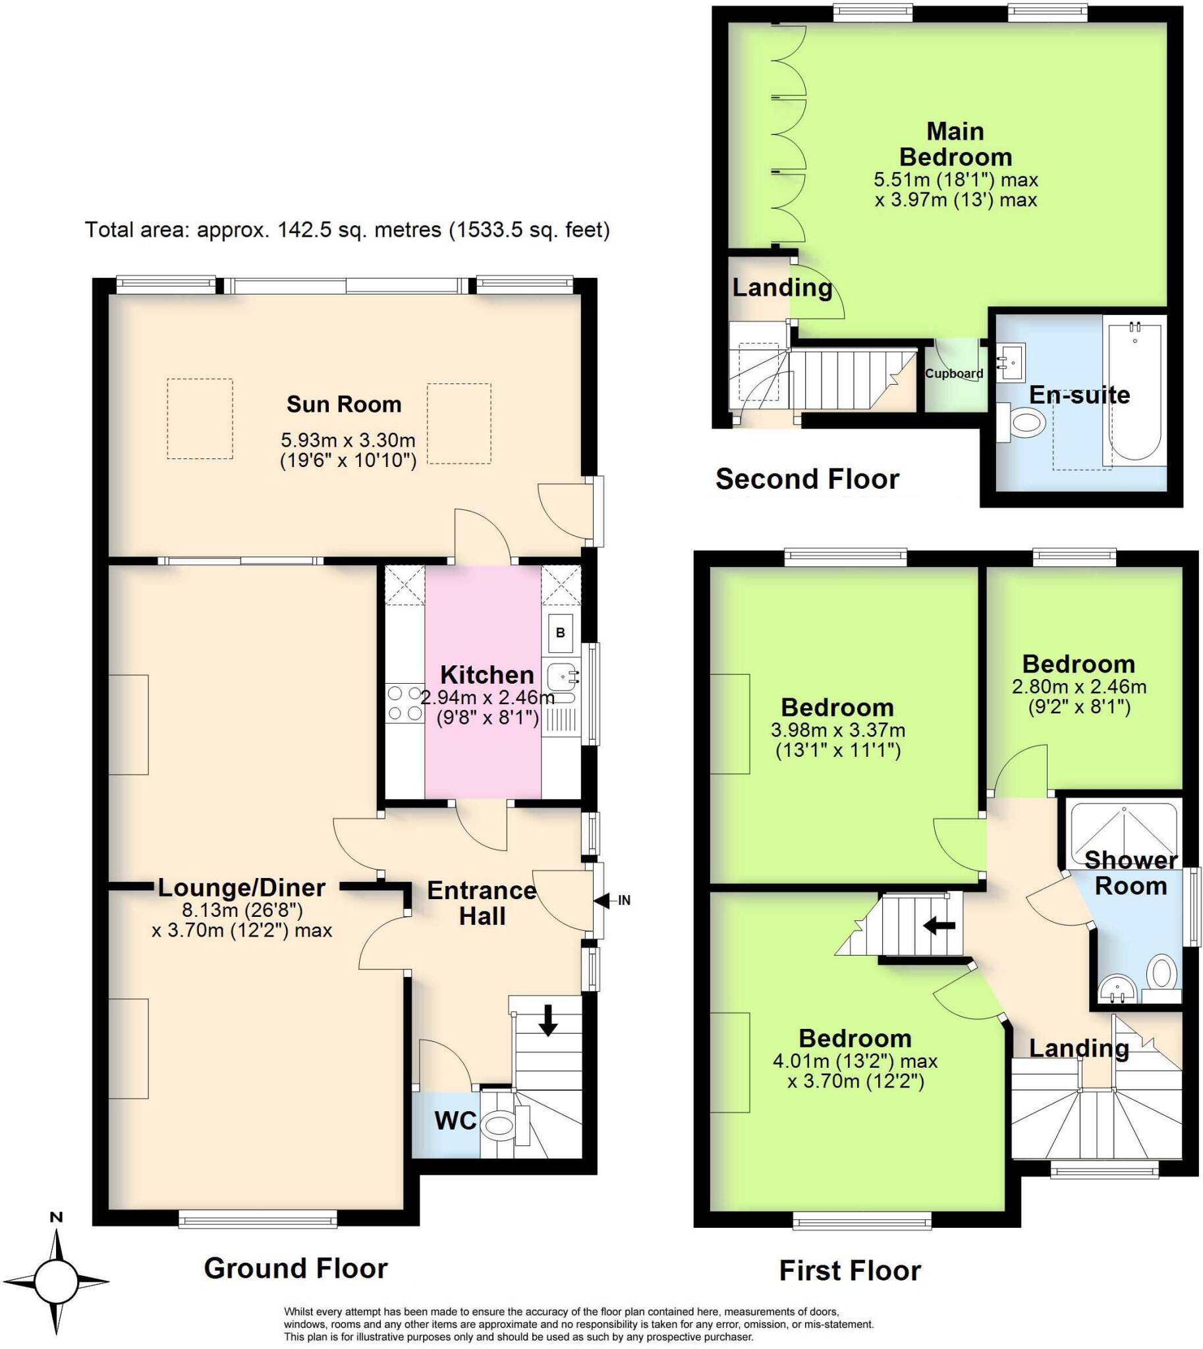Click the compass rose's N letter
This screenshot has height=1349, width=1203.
click(x=56, y=1217)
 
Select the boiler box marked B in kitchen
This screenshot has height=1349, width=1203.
click(x=560, y=632)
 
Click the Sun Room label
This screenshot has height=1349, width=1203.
click(x=344, y=404)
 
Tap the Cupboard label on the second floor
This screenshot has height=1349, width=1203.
click(x=954, y=373)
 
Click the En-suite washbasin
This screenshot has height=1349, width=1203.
click(x=1011, y=362)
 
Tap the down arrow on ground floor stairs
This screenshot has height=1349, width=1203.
click(x=547, y=1020)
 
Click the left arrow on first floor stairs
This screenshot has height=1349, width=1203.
click(x=939, y=926)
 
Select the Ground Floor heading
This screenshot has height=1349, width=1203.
click(x=295, y=1269)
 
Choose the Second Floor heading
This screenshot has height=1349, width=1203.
click(x=807, y=478)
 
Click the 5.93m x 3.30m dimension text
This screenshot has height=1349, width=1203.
click(x=349, y=439)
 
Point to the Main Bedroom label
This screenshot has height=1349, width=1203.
click(x=955, y=144)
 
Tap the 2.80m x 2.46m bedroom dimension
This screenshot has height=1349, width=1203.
click(x=1078, y=687)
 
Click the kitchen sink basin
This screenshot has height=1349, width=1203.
click(x=561, y=676)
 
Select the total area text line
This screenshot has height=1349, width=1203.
click(x=347, y=230)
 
